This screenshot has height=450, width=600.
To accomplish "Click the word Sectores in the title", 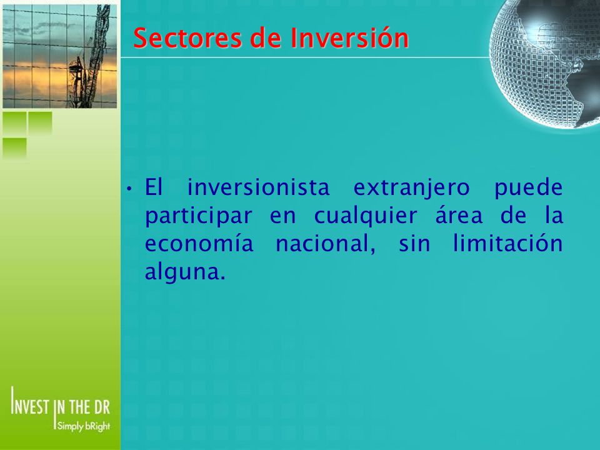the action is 187,37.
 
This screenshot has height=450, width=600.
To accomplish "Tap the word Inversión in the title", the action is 349,37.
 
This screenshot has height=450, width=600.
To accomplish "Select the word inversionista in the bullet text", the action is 258,187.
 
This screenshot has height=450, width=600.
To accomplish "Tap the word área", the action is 459,216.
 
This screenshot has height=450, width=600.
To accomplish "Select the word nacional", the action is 325,244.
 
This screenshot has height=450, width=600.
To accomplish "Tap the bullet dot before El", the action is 130,189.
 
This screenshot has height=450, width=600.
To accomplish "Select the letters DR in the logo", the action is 102,407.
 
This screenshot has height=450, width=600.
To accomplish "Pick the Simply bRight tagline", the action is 83,426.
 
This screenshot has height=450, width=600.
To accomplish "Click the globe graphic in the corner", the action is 545,63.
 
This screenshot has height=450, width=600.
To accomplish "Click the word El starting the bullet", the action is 154,187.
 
